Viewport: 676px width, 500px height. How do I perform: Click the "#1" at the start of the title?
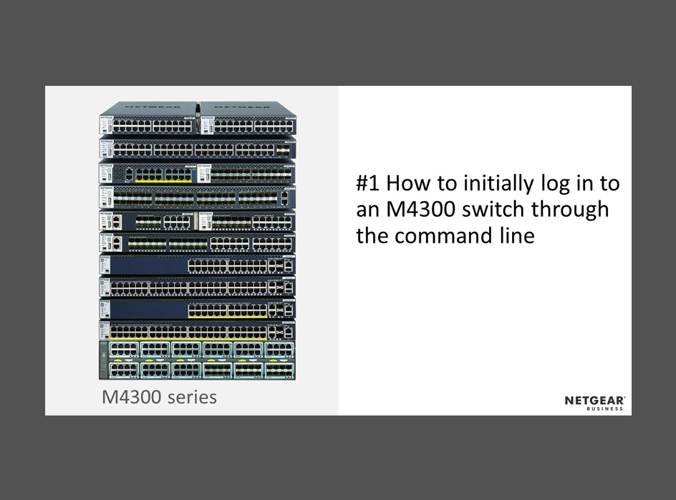tap(368, 183)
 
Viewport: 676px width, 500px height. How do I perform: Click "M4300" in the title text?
tap(420, 210)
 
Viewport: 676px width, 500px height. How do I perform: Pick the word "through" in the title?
tap(569, 210)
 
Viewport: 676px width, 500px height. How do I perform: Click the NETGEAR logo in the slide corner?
tap(595, 401)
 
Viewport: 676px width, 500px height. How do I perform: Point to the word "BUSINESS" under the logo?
tap(604, 408)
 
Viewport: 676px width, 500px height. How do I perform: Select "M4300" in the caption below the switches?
tap(131, 397)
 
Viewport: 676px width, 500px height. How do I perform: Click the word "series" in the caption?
tap(193, 398)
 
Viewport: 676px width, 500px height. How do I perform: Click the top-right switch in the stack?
tap(248, 118)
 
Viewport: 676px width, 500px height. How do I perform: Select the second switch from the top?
tap(198, 147)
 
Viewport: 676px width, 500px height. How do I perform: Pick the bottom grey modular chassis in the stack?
tap(198, 361)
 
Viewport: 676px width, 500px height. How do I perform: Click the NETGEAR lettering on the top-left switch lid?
tap(153, 106)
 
